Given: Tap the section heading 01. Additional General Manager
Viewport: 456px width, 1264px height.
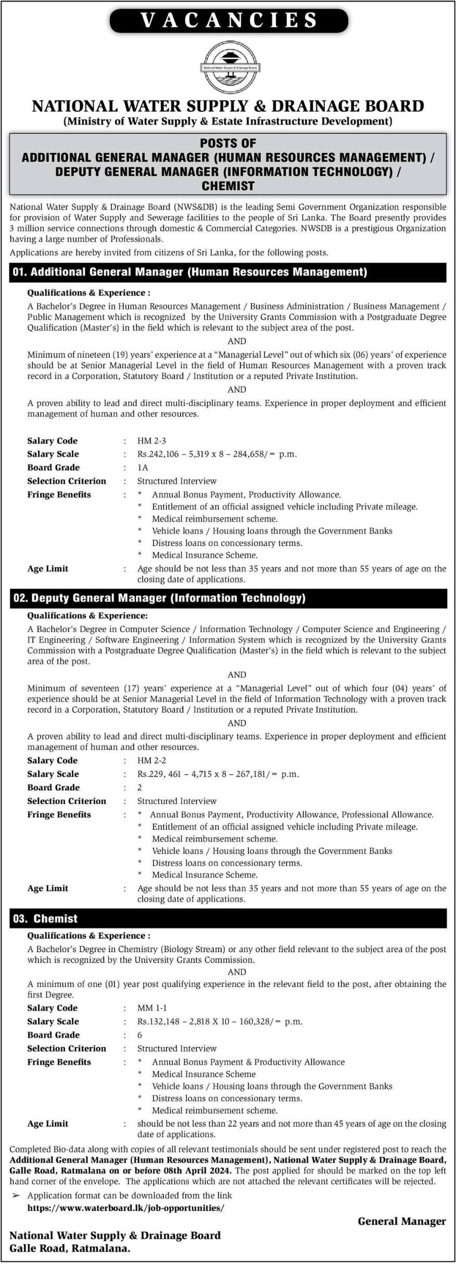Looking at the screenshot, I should click(x=190, y=272).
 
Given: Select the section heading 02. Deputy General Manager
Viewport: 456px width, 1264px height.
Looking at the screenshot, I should click(x=159, y=598).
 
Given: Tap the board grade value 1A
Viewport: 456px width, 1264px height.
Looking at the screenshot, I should click(x=143, y=468).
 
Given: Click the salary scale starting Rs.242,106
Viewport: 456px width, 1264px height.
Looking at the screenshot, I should click(x=217, y=454).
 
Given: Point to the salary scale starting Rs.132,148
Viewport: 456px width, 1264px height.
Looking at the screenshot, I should click(x=219, y=1022).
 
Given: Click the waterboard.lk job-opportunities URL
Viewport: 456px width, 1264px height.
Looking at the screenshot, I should click(x=126, y=1208).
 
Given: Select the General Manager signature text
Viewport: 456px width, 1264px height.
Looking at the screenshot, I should click(x=401, y=1221).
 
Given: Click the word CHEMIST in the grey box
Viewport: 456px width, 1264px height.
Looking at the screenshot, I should click(x=228, y=186).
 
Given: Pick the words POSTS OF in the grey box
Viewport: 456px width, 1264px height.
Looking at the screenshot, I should click(x=228, y=143).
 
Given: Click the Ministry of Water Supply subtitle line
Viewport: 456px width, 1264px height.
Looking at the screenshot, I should click(x=227, y=122).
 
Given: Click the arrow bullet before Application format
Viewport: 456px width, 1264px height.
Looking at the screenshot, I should click(x=16, y=1196).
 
